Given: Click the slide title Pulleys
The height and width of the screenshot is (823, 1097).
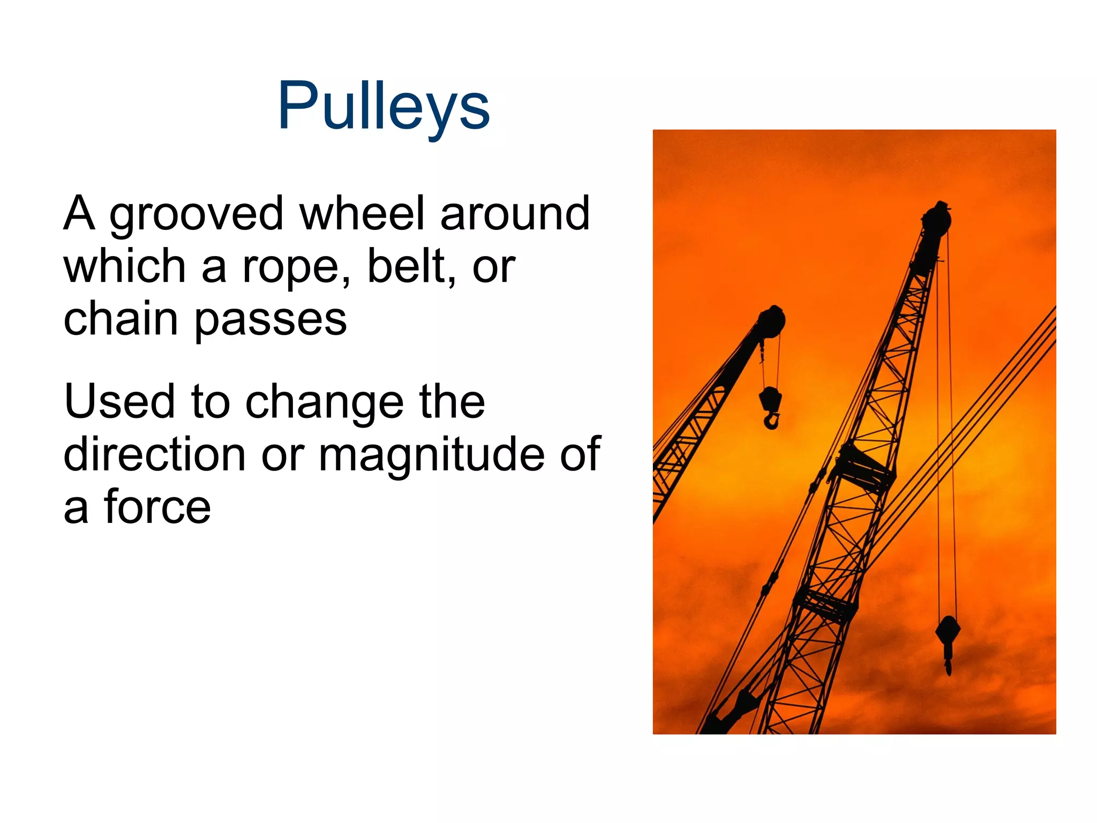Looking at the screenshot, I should click(x=384, y=106).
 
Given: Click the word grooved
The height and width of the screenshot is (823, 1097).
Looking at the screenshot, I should click(x=196, y=214).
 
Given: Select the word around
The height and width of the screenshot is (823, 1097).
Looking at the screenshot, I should click(x=515, y=213).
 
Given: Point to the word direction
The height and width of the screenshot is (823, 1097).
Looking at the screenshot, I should click(x=154, y=454).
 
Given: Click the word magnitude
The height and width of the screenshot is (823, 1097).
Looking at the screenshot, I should click(x=432, y=455).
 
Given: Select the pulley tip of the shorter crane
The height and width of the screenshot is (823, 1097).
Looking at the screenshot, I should click(x=771, y=321).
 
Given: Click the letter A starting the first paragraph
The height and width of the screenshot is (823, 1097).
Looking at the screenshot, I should click(x=79, y=213).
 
